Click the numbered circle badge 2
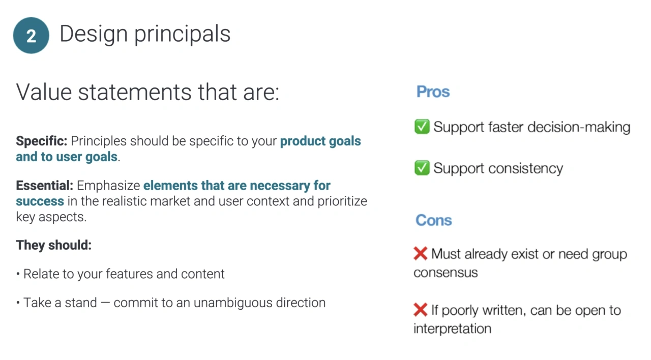[31, 36]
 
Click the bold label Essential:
[45, 186]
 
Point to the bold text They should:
[53, 245]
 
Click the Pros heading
[433, 92]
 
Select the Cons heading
[433, 220]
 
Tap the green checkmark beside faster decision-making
[422, 127]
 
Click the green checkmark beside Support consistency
[422, 168]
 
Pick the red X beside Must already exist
[420, 253]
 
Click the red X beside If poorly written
[420, 309]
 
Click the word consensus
[446, 273]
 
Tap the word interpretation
[452, 328]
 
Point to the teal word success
[40, 201]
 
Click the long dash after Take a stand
[105, 303]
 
